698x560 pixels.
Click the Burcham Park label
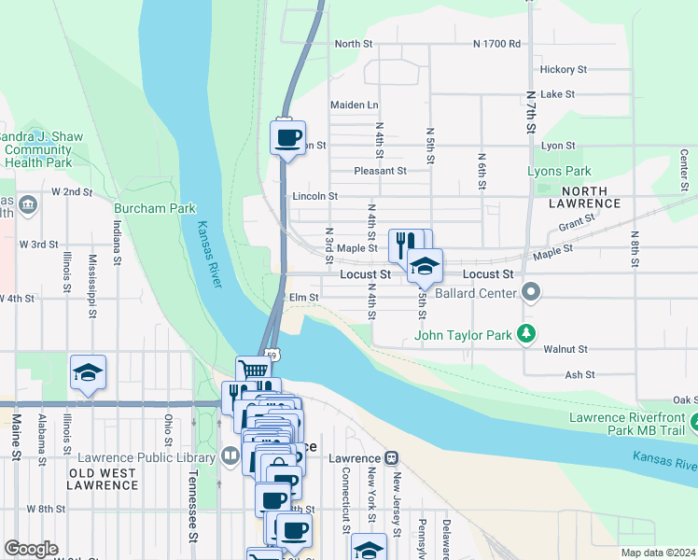pyautogui.click(x=155, y=208)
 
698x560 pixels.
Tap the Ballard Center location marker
pyautogui.click(x=532, y=293)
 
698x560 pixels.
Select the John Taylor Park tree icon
pyautogui.click(x=527, y=332)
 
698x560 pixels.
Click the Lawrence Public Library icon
pyautogui.click(x=230, y=456)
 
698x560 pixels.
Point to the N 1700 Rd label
pyautogui.click(x=496, y=44)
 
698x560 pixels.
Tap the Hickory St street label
pyautogui.click(x=563, y=69)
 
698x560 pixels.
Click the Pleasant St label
pyautogui.click(x=380, y=171)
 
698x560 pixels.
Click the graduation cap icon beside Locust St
pyautogui.click(x=425, y=265)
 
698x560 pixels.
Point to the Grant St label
pyautogui.click(x=577, y=222)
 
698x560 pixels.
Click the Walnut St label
pyautogui.click(x=565, y=349)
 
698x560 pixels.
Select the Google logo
pyautogui.click(x=31, y=549)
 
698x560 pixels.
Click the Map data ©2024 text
pyautogui.click(x=657, y=553)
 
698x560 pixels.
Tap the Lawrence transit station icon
pyautogui.click(x=392, y=458)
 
